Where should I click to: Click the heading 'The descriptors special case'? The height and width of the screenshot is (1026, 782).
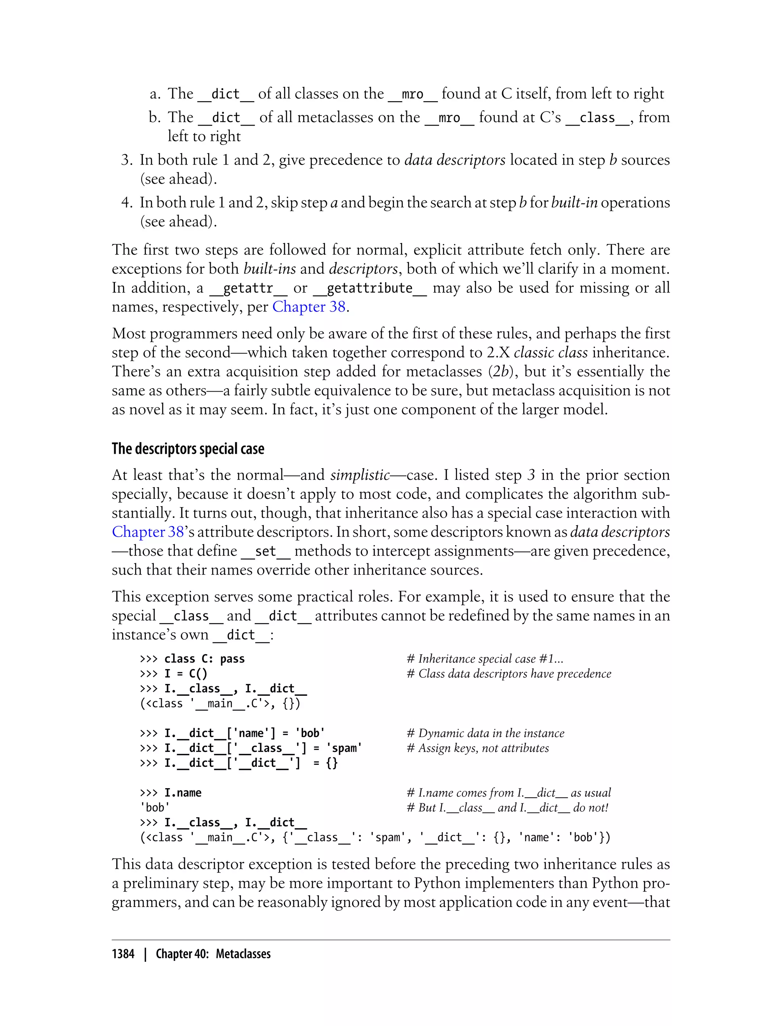pyautogui.click(x=187, y=448)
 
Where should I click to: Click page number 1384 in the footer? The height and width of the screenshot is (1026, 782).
pyautogui.click(x=123, y=954)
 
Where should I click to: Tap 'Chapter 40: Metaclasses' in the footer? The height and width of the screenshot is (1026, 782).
pyautogui.click(x=213, y=954)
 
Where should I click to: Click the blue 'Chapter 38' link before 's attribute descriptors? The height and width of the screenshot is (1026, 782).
pyautogui.click(x=148, y=531)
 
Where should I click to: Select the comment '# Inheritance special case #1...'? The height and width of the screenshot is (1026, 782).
pyautogui.click(x=485, y=658)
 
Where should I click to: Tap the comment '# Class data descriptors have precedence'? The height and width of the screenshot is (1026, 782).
pyautogui.click(x=508, y=673)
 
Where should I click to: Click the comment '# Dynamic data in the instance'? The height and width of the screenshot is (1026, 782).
pyautogui.click(x=485, y=733)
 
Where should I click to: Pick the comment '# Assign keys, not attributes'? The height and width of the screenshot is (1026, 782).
pyautogui.click(x=478, y=748)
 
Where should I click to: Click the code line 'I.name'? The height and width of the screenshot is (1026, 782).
pyautogui.click(x=183, y=792)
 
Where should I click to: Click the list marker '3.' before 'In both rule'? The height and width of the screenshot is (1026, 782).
pyautogui.click(x=127, y=160)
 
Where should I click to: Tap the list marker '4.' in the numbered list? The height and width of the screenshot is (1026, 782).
pyautogui.click(x=127, y=202)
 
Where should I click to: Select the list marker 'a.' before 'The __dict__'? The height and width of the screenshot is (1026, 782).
pyautogui.click(x=155, y=94)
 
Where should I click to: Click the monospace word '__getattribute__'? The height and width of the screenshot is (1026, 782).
pyautogui.click(x=370, y=288)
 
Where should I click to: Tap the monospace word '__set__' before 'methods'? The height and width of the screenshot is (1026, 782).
pyautogui.click(x=265, y=551)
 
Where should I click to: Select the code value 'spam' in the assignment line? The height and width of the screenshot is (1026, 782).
pyautogui.click(x=344, y=748)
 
